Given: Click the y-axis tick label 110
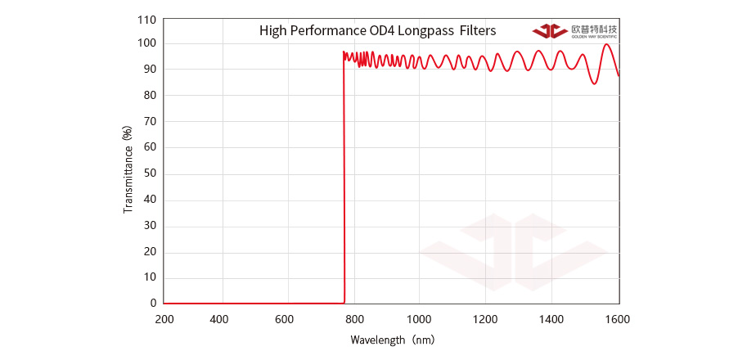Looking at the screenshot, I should click(146, 18).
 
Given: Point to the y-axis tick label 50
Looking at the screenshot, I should click(149, 173).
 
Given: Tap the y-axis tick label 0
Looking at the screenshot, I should click(153, 303).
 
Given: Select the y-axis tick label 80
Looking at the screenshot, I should click(149, 96).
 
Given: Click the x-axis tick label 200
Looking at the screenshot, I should click(164, 319).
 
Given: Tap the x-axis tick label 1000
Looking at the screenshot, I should click(419, 319).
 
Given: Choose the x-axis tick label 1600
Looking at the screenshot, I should click(619, 319).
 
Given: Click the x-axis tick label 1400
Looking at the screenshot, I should click(551, 319).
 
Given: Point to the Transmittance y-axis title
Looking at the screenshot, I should click(128, 170).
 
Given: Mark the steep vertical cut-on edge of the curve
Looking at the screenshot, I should click(344, 180).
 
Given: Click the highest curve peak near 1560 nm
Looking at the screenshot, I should click(605, 44).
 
